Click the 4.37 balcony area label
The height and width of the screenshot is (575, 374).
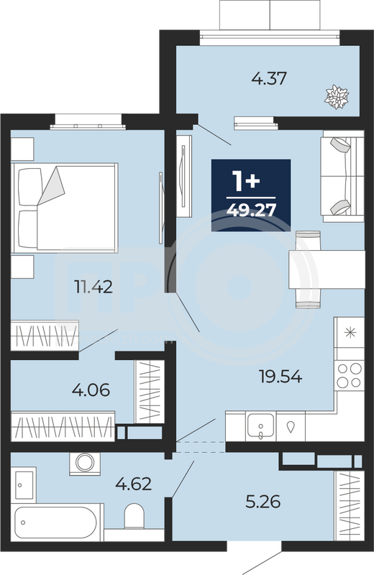[269, 78]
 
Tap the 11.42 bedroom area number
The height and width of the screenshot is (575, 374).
[93, 287]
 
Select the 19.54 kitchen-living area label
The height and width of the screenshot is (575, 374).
[280, 376]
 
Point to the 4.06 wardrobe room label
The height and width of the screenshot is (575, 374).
[91, 390]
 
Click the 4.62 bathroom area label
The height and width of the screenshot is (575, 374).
[133, 484]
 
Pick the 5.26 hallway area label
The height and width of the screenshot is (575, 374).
[263, 501]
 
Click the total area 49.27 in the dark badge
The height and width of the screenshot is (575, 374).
[251, 211]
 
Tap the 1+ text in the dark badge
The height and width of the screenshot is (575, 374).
[247, 181]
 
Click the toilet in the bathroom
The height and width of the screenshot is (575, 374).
[134, 516]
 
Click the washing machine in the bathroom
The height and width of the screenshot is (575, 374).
[85, 464]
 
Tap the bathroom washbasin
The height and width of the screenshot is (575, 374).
[24, 484]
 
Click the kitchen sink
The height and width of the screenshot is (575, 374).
[260, 425]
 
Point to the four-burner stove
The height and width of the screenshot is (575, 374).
[349, 375]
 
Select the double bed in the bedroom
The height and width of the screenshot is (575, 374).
[65, 208]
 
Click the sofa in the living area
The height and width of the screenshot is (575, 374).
[342, 179]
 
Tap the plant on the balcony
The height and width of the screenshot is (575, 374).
[336, 97]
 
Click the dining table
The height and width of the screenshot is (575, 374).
[327, 270]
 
